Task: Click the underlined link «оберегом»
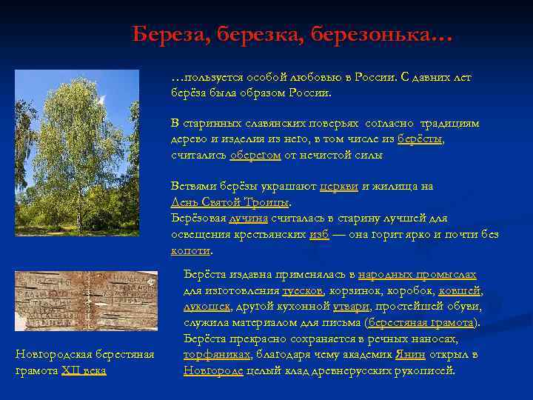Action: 255,156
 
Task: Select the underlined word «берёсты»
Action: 420,139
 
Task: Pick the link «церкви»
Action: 338,186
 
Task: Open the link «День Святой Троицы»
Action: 230,202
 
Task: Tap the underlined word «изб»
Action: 318,235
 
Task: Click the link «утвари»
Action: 355,306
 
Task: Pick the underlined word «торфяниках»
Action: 216,355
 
